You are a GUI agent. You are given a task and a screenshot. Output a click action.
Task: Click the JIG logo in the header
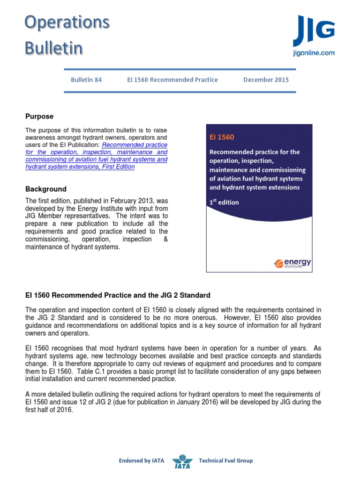tap(314, 31)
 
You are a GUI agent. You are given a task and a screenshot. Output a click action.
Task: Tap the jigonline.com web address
tap(314, 53)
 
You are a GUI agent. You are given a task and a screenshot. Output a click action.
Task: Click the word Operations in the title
tap(67, 22)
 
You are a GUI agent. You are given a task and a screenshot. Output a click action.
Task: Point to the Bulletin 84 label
tap(86, 80)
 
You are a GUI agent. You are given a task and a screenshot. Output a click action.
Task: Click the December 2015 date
tap(266, 80)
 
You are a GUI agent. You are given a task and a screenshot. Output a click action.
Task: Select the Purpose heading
tap(39, 116)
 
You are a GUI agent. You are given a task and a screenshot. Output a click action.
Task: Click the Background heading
tap(45, 189)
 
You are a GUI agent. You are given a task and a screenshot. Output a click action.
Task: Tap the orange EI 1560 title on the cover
tap(222, 137)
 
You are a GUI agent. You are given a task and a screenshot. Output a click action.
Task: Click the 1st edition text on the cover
tap(224, 202)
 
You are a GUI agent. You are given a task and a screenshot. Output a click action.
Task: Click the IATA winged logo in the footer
tap(182, 461)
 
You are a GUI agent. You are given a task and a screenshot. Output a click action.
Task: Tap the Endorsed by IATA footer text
tap(142, 461)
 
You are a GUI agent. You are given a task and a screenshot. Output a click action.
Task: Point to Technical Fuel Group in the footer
tap(226, 461)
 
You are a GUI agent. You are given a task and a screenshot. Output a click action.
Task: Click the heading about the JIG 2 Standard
tap(117, 295)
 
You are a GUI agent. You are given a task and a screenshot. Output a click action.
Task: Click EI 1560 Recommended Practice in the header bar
tap(172, 80)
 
